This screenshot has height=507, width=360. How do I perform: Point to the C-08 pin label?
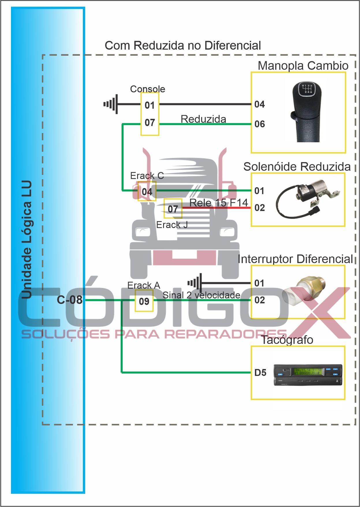coord(70,300)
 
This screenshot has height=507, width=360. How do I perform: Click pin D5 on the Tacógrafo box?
coord(260,373)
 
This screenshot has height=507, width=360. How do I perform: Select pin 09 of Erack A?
coord(144,301)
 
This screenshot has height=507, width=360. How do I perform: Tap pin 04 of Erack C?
coord(147,192)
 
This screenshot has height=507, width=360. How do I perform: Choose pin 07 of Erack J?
coord(173,209)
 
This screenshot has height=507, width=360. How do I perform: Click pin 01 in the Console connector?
coord(150,105)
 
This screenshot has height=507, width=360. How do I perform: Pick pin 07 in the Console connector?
coord(150,123)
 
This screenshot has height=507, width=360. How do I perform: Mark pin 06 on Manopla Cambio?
coord(260,124)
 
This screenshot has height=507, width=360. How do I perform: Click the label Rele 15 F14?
coord(219,203)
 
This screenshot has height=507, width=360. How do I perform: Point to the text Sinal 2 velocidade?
coord(201,295)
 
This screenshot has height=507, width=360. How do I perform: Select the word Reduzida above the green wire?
coord(203,119)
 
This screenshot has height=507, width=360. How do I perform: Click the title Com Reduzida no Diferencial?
coord(183,46)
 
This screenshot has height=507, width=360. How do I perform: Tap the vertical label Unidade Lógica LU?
coord(27,239)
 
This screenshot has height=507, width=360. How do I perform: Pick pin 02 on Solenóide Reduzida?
coord(260,208)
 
